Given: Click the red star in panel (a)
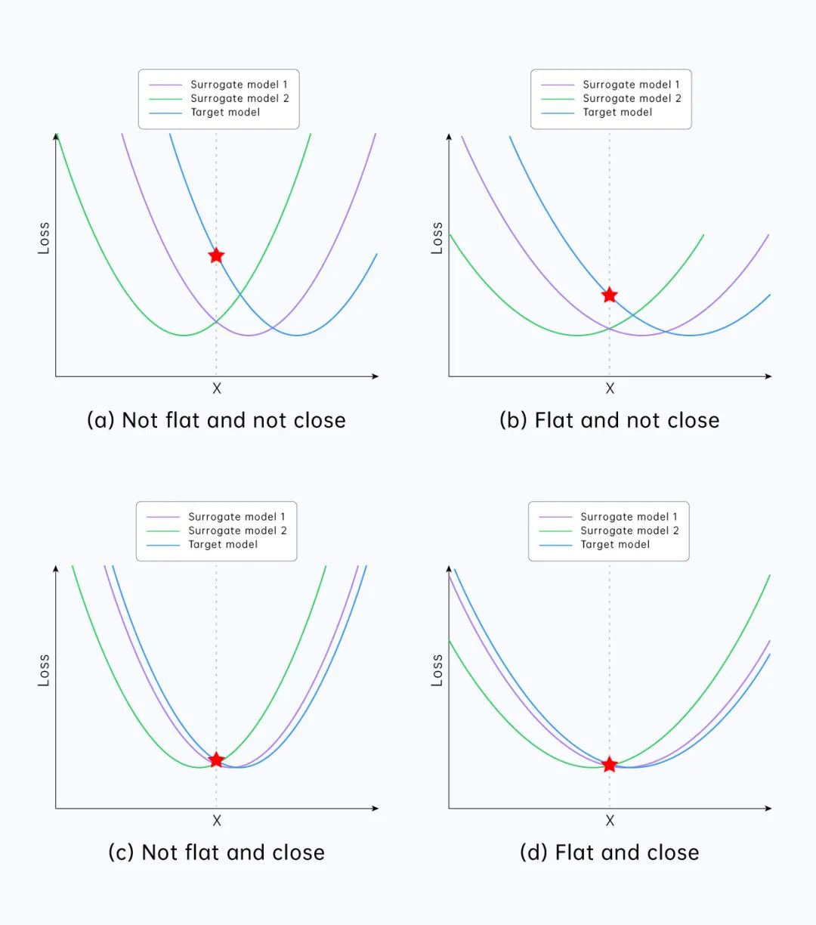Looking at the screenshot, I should pyautogui.click(x=216, y=255).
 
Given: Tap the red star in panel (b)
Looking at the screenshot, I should pyautogui.click(x=609, y=295).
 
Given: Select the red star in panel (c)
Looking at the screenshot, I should pyautogui.click(x=216, y=759).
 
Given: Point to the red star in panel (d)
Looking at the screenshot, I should pyautogui.click(x=609, y=765).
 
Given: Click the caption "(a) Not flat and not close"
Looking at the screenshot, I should pyautogui.click(x=216, y=420).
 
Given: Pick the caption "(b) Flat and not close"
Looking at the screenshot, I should pyautogui.click(x=609, y=420).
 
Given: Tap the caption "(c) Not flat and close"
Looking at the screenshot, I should pyautogui.click(x=216, y=852).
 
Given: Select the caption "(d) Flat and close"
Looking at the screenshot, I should pyautogui.click(x=609, y=852).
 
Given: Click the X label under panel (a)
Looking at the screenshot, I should pyautogui.click(x=217, y=388).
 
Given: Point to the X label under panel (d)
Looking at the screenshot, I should pyautogui.click(x=610, y=821).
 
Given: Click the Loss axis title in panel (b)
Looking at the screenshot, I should pyautogui.click(x=437, y=238).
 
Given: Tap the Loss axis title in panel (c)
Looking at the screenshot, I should pyautogui.click(x=44, y=670).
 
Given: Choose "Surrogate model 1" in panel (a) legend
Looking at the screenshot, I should pyautogui.click(x=239, y=85).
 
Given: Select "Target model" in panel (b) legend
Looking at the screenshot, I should pyautogui.click(x=617, y=112).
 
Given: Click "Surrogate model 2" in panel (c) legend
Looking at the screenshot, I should pyautogui.click(x=237, y=531).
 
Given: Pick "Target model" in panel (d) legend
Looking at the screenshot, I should pyautogui.click(x=615, y=544).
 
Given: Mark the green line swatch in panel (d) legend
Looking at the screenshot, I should pyautogui.click(x=555, y=531).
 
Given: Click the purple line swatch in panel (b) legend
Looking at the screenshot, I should pyautogui.click(x=558, y=85).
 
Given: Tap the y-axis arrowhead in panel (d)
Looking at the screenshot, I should pyautogui.click(x=449, y=569).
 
